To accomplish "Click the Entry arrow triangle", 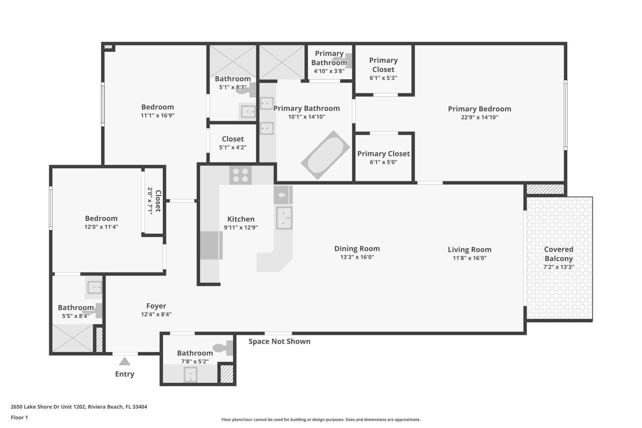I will [x=125, y=361].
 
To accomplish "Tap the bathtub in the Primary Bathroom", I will [x=325, y=155].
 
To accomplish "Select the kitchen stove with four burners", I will [x=240, y=175].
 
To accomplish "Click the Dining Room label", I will [x=357, y=249].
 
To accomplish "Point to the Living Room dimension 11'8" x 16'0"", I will [x=469, y=258].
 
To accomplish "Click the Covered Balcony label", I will [x=558, y=254].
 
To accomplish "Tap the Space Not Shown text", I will [x=279, y=341].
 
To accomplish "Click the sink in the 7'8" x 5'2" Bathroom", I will [x=191, y=374].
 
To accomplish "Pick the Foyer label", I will [x=156, y=306].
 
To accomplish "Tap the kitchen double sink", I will [x=284, y=218].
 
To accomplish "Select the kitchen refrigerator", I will [x=211, y=245].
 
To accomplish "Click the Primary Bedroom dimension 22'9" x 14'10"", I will [x=479, y=117].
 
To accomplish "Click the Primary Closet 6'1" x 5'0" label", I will [x=383, y=157].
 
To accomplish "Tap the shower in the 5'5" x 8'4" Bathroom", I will [x=73, y=338].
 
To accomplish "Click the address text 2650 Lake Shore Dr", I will [x=79, y=407].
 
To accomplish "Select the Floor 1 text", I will [x=19, y=417].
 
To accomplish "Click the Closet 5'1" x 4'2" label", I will [x=233, y=142].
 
